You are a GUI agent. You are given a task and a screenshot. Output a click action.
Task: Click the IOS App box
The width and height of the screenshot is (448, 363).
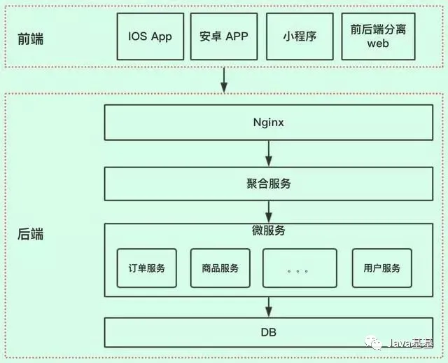[150, 36]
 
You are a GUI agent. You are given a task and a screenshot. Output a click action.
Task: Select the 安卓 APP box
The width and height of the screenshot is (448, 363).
[224, 36]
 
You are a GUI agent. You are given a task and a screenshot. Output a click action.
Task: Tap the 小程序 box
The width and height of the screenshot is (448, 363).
[300, 36]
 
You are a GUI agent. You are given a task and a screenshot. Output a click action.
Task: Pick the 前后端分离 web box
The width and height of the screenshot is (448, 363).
[377, 36]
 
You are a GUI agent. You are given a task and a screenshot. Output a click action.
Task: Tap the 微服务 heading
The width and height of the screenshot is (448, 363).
[268, 231]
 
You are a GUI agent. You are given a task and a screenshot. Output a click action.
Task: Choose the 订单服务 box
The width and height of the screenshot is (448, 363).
[146, 268]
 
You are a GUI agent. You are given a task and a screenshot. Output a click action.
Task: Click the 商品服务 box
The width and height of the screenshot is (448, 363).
[220, 268]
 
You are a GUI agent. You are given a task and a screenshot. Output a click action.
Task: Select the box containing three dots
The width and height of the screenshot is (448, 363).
[299, 268]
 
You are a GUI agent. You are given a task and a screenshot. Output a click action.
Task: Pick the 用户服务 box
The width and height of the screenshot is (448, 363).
[381, 268]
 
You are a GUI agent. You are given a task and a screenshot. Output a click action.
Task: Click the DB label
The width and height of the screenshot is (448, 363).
[268, 332]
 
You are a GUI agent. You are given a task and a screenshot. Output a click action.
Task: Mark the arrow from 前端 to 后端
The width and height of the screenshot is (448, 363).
[224, 79]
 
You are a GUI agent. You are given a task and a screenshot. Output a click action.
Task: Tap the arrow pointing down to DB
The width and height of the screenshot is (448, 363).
[268, 306]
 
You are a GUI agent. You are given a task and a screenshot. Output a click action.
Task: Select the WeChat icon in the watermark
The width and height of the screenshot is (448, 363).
[377, 343]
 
